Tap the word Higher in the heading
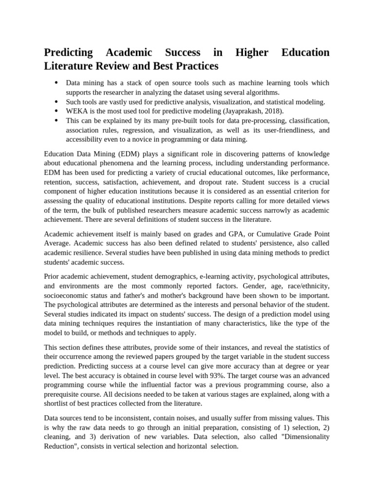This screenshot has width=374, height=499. coord(251,53)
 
